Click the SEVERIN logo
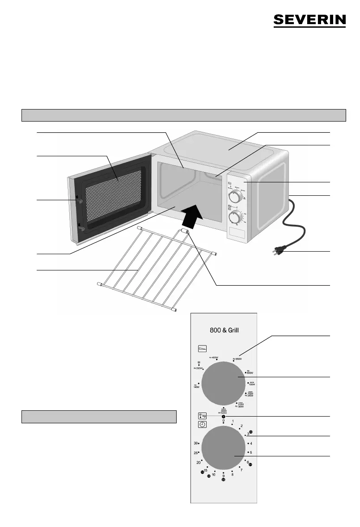click(309, 20)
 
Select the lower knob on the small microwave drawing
click(233, 218)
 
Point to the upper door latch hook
click(79, 202)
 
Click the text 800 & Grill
click(224, 330)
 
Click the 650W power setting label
click(238, 358)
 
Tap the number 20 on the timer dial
click(198, 462)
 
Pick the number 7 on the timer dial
click(241, 470)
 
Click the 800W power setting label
click(250, 372)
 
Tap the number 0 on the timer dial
click(223, 421)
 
